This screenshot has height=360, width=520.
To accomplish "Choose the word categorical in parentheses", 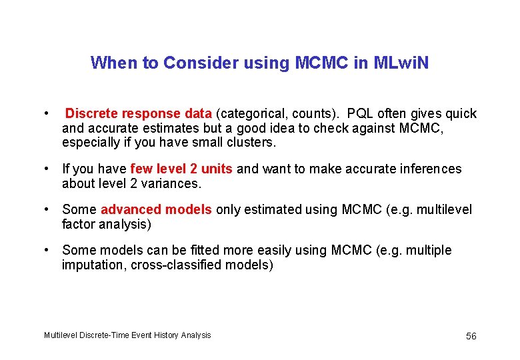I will click(253, 113).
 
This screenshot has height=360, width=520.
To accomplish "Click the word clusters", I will click(251, 143).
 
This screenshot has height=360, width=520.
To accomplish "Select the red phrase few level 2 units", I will click(181, 169).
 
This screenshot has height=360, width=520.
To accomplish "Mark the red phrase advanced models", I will click(156, 210).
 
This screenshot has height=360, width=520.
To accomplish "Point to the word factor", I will click(79, 225).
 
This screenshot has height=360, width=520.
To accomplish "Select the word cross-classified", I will click(182, 265).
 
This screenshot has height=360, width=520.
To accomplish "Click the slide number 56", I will click(471, 336).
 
